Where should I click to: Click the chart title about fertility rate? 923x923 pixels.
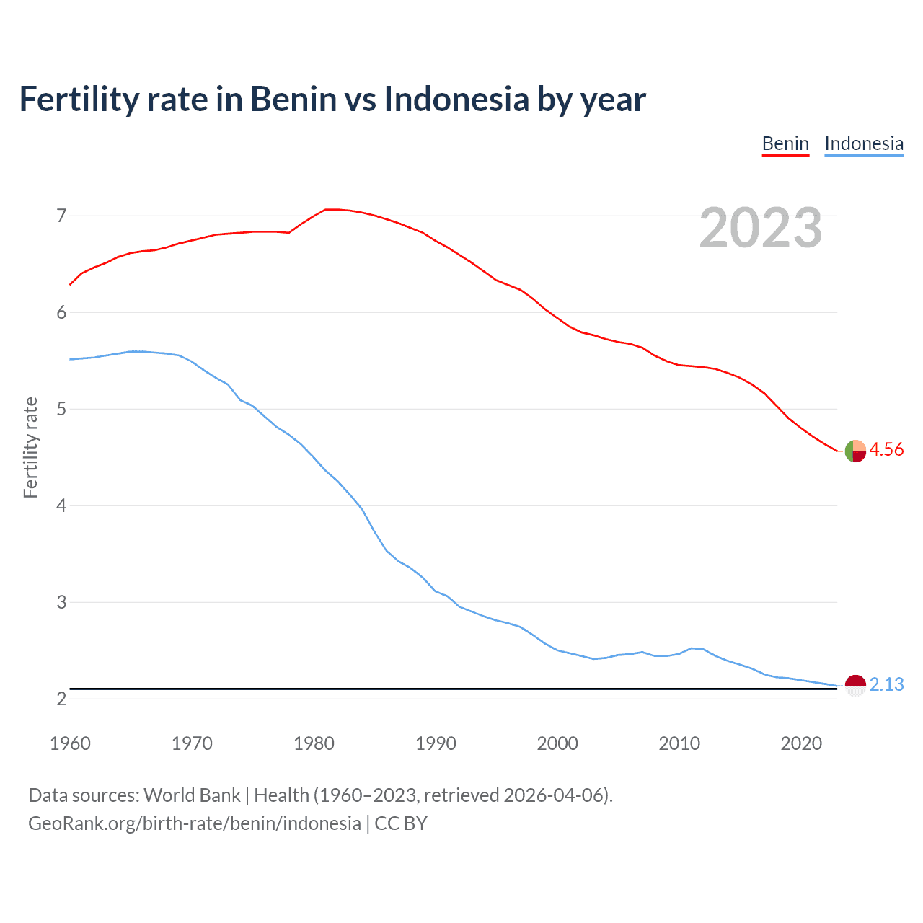click(x=332, y=100)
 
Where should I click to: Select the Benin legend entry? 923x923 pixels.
click(x=785, y=143)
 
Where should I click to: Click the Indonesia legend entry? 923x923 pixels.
click(x=864, y=143)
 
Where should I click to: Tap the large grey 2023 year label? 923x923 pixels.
click(x=761, y=228)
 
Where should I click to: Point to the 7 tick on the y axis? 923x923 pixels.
click(x=61, y=216)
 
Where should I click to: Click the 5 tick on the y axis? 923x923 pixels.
click(x=61, y=409)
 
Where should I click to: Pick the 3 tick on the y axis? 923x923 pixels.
click(x=61, y=602)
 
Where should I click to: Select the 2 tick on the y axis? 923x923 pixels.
click(x=61, y=699)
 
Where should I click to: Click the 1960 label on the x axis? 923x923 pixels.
click(x=70, y=743)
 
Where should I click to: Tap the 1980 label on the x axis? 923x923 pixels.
click(x=314, y=743)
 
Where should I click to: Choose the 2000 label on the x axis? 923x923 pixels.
click(x=557, y=743)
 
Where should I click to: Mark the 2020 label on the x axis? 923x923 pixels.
click(x=801, y=743)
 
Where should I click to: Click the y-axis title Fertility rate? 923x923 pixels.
click(x=30, y=447)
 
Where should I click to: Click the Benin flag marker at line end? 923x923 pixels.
click(x=855, y=451)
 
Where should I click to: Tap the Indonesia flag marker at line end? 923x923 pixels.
click(x=855, y=685)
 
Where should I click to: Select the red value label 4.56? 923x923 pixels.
click(x=886, y=450)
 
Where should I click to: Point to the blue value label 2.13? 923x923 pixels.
click(x=886, y=685)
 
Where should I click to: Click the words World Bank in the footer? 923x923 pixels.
click(x=192, y=795)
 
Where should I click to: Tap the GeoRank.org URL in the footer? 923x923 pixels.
click(x=195, y=823)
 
